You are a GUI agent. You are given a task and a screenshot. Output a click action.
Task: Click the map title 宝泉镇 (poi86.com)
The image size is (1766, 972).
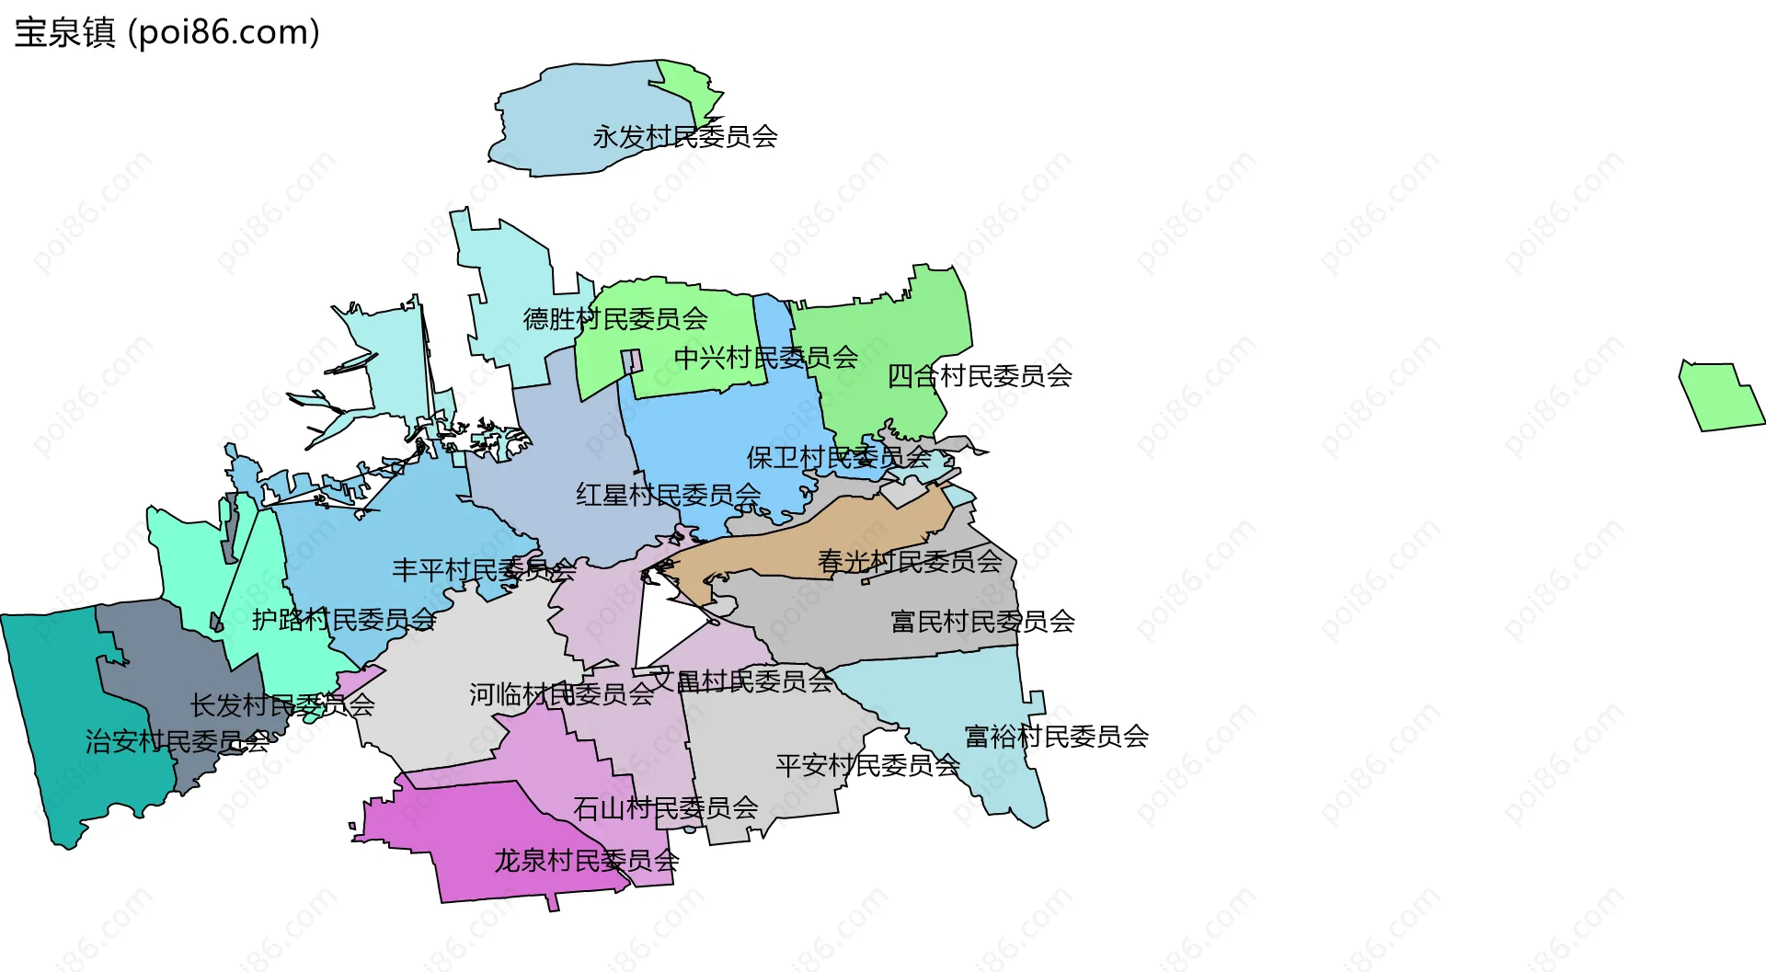(167, 32)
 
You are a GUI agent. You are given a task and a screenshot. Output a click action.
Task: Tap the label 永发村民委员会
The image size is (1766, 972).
(685, 137)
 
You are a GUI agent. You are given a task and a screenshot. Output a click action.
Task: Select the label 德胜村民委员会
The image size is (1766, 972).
(615, 319)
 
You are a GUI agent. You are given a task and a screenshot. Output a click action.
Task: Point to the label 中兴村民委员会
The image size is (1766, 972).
(766, 358)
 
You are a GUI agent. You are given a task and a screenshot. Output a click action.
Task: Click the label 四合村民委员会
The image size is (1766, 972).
(980, 375)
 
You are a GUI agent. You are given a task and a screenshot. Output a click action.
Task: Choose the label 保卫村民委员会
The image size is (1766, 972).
(839, 457)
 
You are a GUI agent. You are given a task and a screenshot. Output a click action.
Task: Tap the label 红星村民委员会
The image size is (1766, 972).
(669, 495)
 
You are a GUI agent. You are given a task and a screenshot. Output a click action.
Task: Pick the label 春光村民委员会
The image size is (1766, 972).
(910, 561)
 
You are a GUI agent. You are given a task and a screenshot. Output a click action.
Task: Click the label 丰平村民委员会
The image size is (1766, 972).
(484, 570)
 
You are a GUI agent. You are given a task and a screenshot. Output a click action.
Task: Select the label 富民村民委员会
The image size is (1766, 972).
(982, 622)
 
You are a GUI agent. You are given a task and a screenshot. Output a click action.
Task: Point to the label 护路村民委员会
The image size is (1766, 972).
(344, 620)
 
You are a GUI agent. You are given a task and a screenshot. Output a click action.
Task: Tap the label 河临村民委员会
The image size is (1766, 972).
(561, 694)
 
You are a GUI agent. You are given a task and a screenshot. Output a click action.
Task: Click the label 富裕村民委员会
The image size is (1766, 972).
(1057, 736)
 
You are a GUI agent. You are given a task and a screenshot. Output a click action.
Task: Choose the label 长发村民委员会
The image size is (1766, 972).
(282, 705)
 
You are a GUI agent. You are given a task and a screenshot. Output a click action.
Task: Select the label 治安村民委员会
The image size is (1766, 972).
(177, 741)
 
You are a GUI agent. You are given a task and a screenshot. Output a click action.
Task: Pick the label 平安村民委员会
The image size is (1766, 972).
(867, 765)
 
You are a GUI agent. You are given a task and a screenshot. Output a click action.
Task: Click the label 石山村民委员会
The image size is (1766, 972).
(665, 808)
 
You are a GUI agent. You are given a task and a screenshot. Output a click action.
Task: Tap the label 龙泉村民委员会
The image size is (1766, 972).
(587, 861)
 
